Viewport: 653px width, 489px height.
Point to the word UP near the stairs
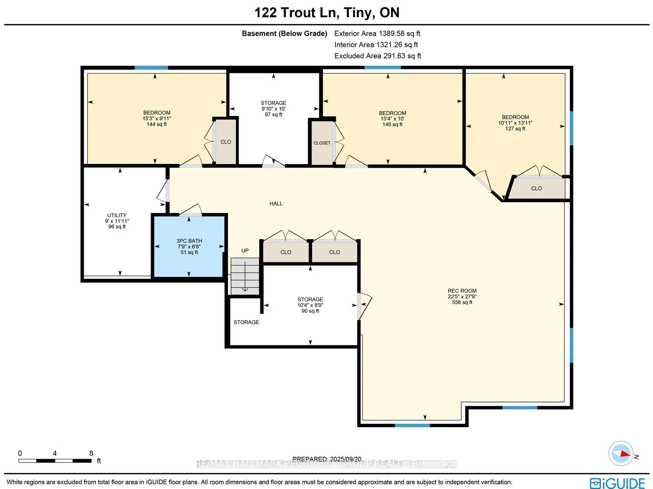[x=245, y=251]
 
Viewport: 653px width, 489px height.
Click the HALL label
[x=276, y=203]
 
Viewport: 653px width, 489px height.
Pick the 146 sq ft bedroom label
[x=392, y=119]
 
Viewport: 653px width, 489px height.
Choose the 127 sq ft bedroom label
[x=515, y=122]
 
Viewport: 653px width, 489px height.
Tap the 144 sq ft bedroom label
[x=157, y=118]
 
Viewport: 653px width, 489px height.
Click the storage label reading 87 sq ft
[x=273, y=109]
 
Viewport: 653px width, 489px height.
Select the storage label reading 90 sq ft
[x=310, y=305]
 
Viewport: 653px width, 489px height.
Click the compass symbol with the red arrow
[x=621, y=453]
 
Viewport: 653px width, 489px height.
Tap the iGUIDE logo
[x=617, y=483]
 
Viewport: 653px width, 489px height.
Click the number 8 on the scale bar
[x=91, y=453]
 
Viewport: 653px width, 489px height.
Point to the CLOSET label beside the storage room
[x=322, y=143]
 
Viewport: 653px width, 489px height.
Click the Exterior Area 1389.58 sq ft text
[x=377, y=33]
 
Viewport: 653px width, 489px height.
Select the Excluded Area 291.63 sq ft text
[x=378, y=56]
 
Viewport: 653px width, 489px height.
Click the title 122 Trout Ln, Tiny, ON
[x=326, y=13]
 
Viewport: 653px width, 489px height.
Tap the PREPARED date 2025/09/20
[x=327, y=459]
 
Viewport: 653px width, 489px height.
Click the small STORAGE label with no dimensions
[x=246, y=322]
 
